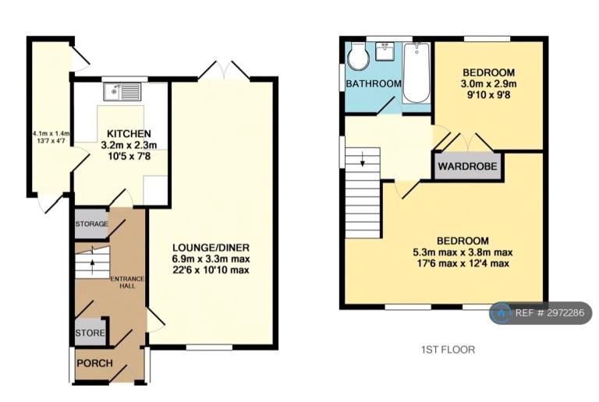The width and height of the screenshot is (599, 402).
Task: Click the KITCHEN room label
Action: pos(129,134)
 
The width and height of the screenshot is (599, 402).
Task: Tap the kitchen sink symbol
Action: pos(122,92)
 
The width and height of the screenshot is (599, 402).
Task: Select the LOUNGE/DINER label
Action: pos(211,248)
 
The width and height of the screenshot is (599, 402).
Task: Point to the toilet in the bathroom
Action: pos(358,56)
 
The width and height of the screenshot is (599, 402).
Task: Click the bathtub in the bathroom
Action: pos(416,73)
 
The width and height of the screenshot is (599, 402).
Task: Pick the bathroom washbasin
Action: pos(386,51)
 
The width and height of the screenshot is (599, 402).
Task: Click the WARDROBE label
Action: pos(468,166)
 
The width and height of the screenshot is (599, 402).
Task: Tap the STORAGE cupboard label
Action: pos(91,224)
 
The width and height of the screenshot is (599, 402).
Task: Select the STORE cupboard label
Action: pos(90,333)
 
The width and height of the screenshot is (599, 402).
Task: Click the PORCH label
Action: pos(94,363)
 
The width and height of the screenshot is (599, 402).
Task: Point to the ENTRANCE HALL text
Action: pos(127,282)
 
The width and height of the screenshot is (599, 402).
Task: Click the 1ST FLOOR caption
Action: pos(448,349)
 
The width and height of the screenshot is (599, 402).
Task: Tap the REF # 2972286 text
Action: pos(550,313)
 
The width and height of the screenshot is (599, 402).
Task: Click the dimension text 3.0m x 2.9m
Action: pos(488,83)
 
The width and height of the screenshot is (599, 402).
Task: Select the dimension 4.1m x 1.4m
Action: pos(51,133)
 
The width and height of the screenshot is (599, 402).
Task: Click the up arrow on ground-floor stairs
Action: pos(92,267)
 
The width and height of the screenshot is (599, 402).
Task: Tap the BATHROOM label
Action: pos(374,83)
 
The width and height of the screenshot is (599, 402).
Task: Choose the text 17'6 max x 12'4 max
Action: pos(463,263)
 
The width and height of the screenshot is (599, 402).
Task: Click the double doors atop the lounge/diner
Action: pos(225,71)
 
